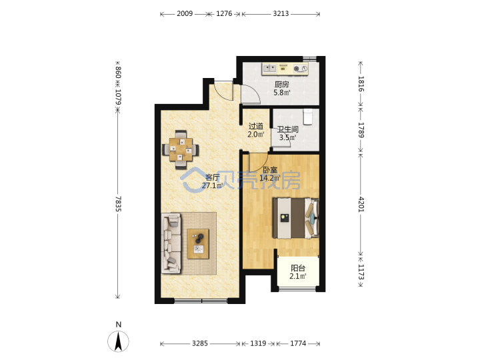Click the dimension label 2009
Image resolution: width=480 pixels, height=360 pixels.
tap(185, 14)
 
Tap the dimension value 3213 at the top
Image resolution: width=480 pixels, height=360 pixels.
tap(281, 14)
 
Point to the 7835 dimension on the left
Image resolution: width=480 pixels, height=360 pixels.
tap(119, 203)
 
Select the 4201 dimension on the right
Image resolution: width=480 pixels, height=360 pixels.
tap(361, 204)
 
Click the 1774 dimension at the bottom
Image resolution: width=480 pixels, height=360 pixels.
tap(298, 343)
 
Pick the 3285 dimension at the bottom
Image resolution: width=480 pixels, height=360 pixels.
tap(200, 343)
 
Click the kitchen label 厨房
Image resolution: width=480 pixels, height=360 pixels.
tap(281, 84)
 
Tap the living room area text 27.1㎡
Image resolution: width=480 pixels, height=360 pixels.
tap(212, 185)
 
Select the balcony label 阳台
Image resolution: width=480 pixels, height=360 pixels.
tap(298, 268)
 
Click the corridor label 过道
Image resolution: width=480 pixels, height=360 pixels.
tap(255, 126)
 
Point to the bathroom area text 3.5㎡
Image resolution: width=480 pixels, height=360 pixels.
tap(287, 137)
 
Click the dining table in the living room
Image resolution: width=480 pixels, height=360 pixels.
tap(181, 149)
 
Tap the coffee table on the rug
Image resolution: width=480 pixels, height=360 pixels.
tap(198, 244)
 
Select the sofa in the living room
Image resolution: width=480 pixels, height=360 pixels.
tap(171, 243)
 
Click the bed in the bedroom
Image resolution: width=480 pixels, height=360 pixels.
tap(296, 218)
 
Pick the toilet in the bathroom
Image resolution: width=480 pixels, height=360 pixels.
tap(307, 117)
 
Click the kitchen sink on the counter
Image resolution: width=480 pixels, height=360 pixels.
tap(270, 68)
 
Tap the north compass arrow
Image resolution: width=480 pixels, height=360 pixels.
tap(118, 341)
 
